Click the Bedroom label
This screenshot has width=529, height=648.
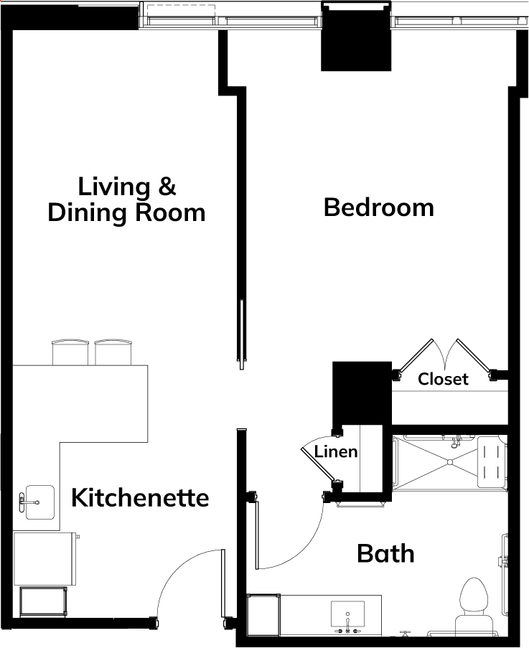(x=378, y=207)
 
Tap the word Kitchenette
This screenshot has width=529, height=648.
(x=140, y=497)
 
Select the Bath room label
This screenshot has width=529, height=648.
(x=385, y=553)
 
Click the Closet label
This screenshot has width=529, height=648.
(x=443, y=379)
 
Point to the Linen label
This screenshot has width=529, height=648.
(x=336, y=451)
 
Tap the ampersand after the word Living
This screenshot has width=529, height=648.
(x=167, y=187)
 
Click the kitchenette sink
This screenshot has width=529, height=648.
(x=39, y=502)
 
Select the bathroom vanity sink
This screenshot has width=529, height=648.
(x=347, y=614)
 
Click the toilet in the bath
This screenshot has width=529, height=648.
(x=474, y=605)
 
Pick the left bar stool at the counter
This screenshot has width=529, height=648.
(x=70, y=352)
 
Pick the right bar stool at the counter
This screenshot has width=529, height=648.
(x=113, y=352)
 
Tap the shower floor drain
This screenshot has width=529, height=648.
(x=450, y=462)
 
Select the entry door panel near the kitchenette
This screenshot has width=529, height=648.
(x=223, y=583)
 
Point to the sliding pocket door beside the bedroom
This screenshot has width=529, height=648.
(x=242, y=334)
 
